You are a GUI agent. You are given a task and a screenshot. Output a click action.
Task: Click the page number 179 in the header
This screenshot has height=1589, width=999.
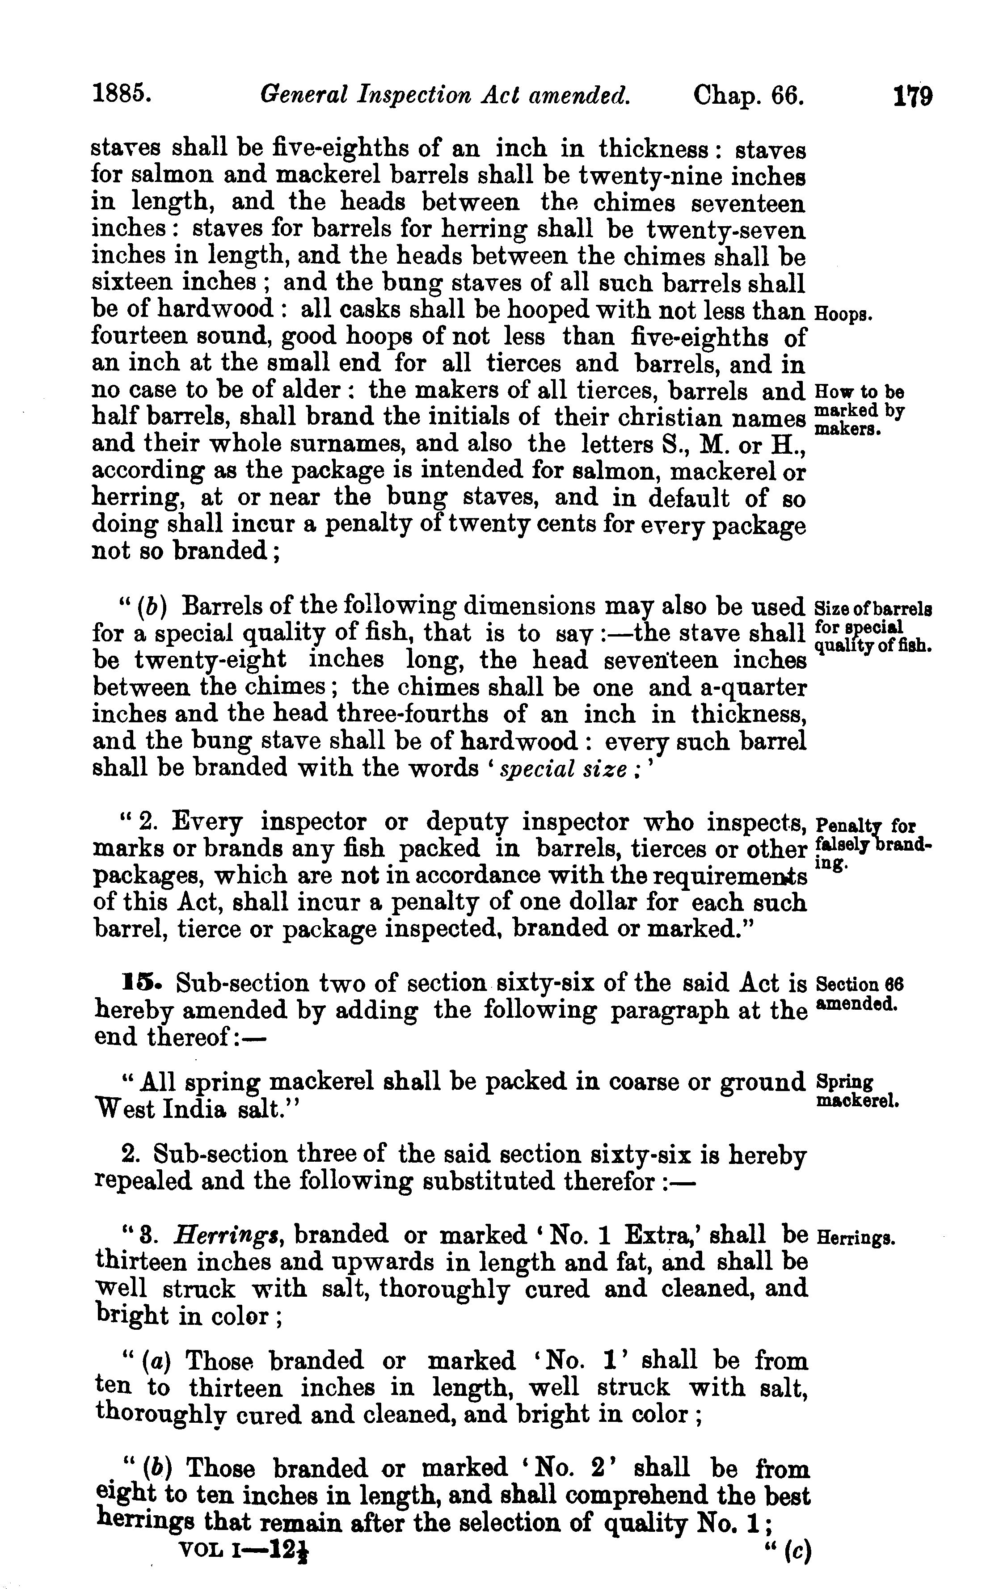(913, 97)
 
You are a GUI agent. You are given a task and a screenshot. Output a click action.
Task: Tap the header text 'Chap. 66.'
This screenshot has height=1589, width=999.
(748, 97)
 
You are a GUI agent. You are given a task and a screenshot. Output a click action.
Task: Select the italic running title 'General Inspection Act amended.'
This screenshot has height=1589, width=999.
(445, 97)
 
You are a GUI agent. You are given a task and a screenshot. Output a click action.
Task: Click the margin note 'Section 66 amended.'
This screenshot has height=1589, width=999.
(859, 994)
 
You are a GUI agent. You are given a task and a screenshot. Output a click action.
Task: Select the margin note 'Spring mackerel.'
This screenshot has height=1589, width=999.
(856, 1092)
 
